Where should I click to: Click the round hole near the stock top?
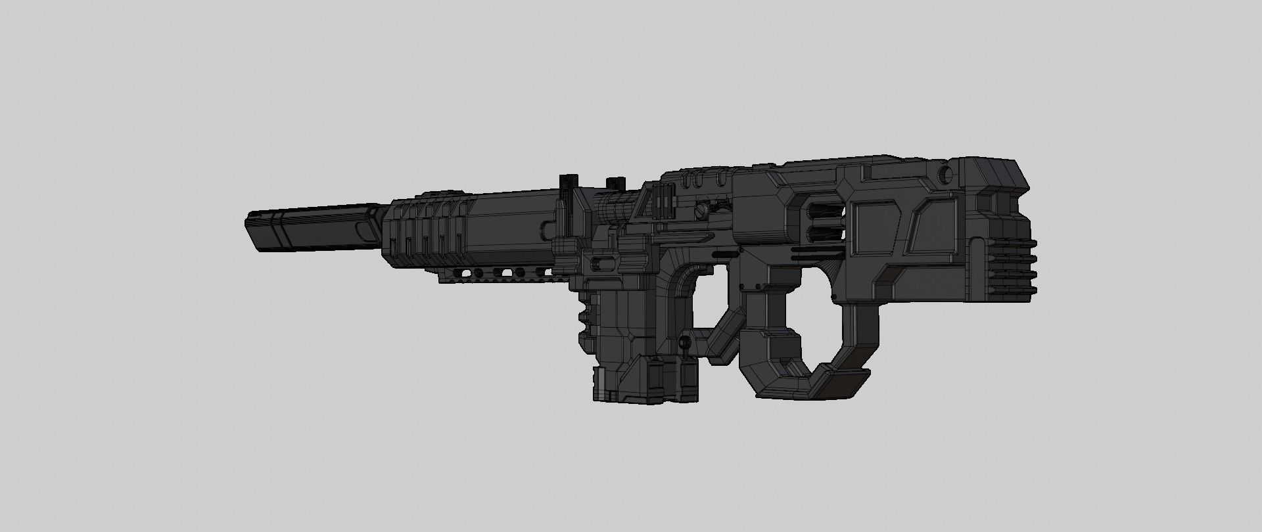(945, 174)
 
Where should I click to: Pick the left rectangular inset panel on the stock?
(877, 227)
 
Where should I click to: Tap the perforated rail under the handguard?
(500, 275)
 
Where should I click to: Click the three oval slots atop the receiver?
(701, 179)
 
